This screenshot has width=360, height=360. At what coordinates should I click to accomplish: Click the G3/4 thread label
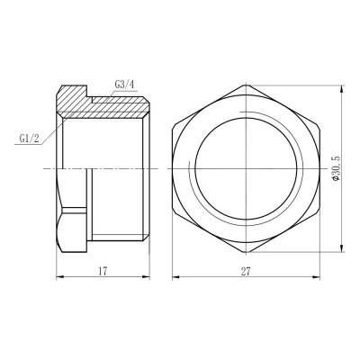125,85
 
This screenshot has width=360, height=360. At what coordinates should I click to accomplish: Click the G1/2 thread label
29,139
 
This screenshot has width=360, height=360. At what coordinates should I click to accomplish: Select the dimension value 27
245,268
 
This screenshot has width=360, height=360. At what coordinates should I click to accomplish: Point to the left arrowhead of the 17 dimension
60,277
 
